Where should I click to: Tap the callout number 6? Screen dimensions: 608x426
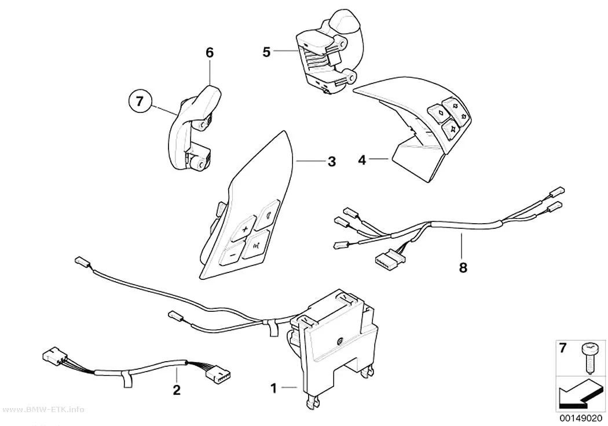210,53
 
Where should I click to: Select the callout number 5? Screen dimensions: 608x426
266,52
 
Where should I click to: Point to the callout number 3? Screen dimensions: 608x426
332,161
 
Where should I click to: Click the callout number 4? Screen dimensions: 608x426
362,160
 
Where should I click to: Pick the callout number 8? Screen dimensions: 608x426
463,267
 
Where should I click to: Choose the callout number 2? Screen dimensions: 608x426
177,389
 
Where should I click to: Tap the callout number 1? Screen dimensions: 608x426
273,388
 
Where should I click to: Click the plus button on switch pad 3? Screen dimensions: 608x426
244,230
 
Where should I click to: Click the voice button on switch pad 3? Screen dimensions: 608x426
255,244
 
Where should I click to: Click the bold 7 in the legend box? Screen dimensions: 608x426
563,348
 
